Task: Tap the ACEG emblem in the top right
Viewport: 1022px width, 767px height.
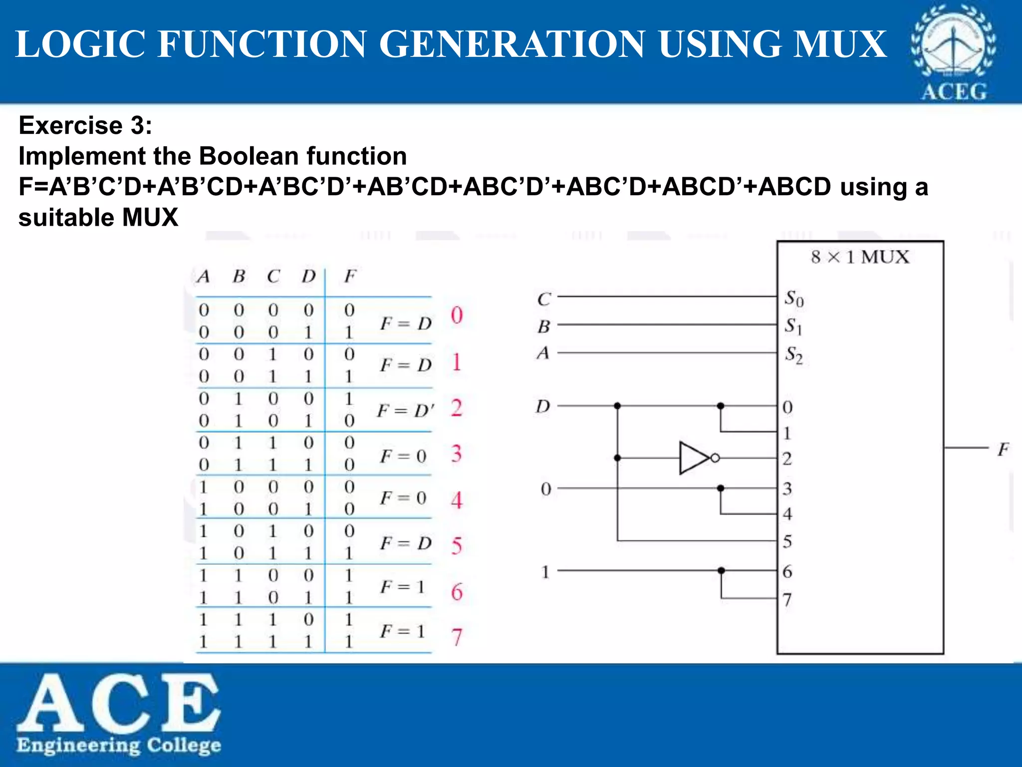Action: (953, 52)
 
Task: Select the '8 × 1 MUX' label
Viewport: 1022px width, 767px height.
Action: (860, 257)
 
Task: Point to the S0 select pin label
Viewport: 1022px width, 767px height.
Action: (794, 299)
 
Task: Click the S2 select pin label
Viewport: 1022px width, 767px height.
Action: (794, 355)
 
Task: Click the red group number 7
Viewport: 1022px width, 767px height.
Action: (457, 637)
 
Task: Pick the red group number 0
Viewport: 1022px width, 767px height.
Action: (457, 315)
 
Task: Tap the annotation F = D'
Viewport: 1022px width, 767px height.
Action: (405, 410)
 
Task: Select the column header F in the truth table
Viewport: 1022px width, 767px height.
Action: (350, 276)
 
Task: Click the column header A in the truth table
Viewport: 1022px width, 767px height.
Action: (203, 276)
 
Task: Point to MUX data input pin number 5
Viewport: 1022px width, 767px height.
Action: (787, 541)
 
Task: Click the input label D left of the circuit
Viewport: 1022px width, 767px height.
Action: (543, 406)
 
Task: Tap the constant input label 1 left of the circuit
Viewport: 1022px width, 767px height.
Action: (545, 572)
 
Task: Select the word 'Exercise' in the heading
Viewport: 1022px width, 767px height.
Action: (70, 125)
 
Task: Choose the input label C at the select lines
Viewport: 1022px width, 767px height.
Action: (544, 299)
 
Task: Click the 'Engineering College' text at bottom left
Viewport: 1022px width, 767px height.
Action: (119, 745)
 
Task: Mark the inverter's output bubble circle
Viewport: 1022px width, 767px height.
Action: (715, 458)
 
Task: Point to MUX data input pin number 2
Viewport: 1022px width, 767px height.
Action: (787, 458)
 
